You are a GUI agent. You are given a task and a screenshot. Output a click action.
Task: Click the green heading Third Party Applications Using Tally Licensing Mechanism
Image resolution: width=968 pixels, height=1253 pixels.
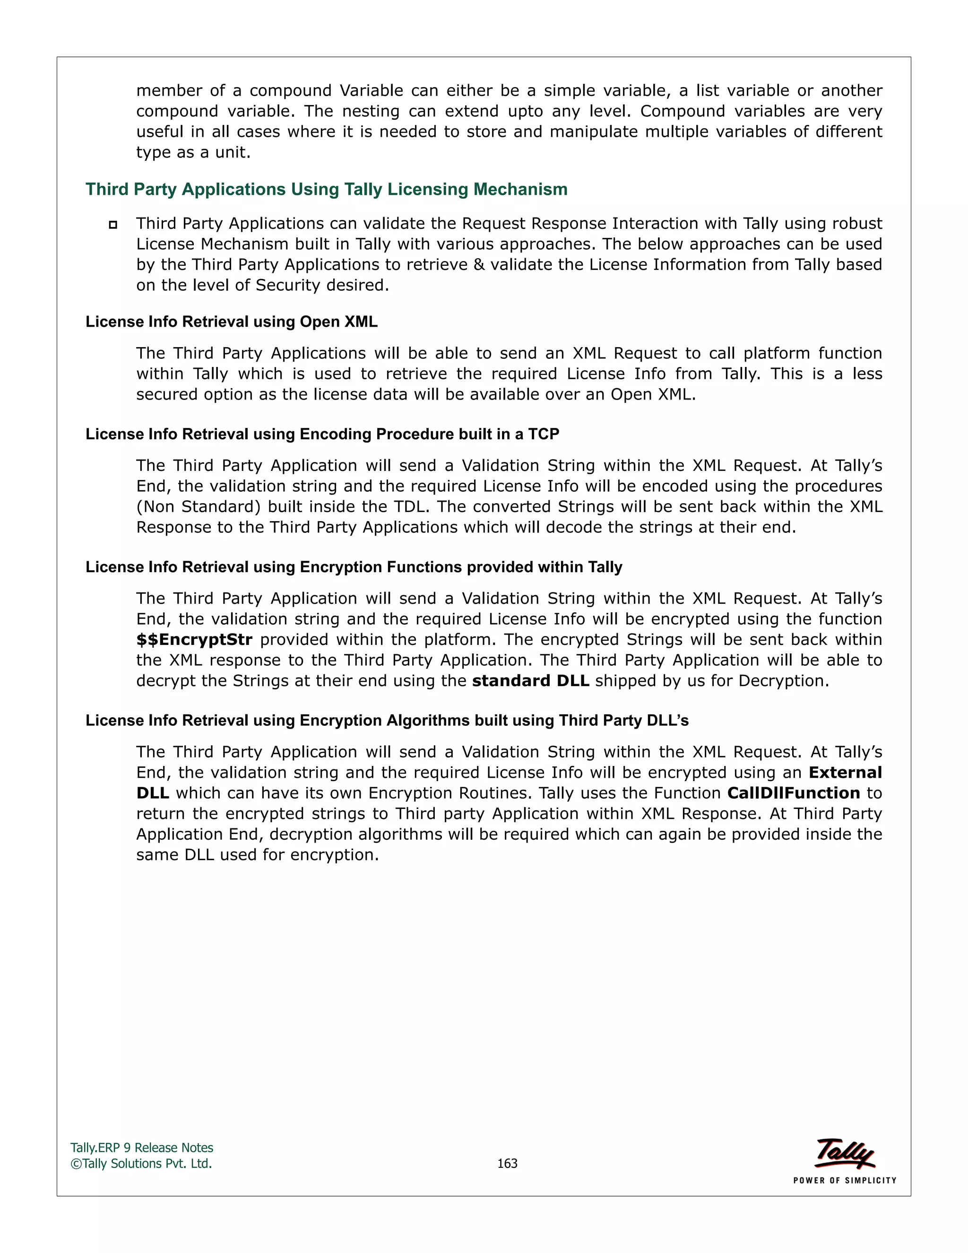(x=326, y=189)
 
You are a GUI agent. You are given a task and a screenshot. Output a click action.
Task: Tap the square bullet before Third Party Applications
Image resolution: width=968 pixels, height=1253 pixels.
(x=113, y=225)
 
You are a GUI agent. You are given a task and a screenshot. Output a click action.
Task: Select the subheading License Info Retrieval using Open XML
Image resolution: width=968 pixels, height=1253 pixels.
(x=231, y=322)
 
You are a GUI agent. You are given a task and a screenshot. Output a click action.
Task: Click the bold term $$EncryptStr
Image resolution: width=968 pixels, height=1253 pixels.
(x=194, y=640)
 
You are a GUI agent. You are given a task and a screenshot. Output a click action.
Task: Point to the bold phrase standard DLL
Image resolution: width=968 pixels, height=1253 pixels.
(x=530, y=681)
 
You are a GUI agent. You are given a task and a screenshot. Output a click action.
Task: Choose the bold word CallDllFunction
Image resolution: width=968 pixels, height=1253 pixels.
(x=793, y=793)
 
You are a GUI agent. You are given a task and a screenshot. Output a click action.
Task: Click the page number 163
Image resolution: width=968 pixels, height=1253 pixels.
(x=507, y=1164)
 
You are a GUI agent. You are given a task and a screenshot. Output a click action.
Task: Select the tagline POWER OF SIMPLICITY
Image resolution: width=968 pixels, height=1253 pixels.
(x=844, y=1180)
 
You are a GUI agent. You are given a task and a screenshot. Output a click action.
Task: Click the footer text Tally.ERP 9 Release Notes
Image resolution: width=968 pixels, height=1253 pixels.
(x=142, y=1148)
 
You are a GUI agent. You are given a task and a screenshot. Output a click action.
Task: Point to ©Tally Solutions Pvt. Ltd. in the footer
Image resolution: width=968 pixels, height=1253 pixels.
(x=141, y=1164)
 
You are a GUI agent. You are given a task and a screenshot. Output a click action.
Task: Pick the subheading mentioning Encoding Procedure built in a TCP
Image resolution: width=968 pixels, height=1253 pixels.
(x=322, y=435)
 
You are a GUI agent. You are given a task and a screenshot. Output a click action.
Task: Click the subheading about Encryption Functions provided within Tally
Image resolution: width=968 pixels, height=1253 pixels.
(x=354, y=567)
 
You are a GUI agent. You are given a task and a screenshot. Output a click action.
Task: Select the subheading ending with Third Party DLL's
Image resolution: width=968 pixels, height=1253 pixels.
(x=387, y=721)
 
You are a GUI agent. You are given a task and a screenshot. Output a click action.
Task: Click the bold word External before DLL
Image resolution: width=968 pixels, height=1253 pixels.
(x=845, y=773)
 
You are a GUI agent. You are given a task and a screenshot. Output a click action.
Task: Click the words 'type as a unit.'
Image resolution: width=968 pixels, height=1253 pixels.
(x=193, y=153)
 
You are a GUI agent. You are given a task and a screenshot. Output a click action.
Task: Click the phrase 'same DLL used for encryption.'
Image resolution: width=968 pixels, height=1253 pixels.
(x=258, y=855)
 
